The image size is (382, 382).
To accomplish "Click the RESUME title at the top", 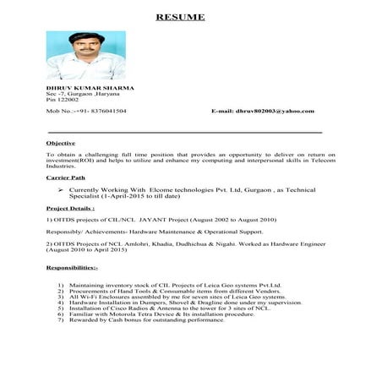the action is (190, 16).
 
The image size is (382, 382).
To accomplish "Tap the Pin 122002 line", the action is (62, 101).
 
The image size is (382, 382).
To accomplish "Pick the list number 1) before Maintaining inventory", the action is (60, 285).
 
